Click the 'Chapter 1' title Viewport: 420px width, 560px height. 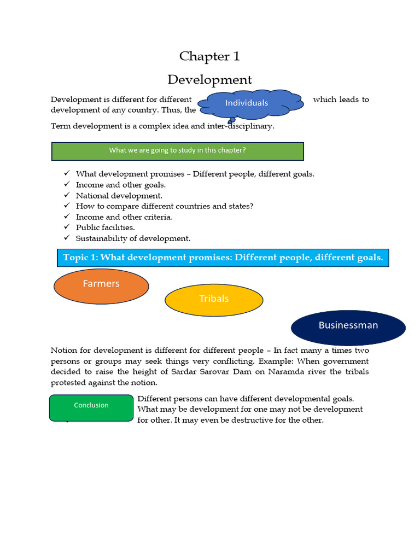209,56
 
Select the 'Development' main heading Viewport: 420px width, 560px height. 209,80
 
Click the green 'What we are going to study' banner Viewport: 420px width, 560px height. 177,151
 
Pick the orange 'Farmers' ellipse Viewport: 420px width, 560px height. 101,286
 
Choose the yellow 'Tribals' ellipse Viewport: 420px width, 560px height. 214,300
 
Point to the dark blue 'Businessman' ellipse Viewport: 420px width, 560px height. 348,327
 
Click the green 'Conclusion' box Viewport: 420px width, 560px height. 91,407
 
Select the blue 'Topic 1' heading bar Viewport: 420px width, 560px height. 223,258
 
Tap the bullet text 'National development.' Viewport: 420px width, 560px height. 119,195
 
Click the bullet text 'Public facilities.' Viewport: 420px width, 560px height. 105,227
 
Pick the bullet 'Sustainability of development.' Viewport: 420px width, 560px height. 133,238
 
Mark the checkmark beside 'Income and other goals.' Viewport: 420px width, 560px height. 66,184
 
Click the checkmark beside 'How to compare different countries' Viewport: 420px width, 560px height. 66,206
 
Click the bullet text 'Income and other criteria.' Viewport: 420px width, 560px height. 124,217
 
